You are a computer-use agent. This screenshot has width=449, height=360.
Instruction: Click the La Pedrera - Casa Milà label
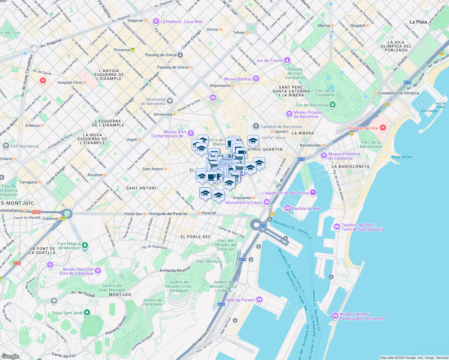click(x=181, y=22)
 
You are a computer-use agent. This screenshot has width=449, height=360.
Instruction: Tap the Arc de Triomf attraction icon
click(x=287, y=61)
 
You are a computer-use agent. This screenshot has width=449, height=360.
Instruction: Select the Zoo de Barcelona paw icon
click(x=332, y=105)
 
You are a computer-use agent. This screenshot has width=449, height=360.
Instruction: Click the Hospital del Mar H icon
click(x=383, y=128)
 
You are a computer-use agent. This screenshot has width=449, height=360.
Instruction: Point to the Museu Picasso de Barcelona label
click(x=308, y=114)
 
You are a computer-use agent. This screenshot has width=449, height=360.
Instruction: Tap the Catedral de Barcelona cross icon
click(x=256, y=126)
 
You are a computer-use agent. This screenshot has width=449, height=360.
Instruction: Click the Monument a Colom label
click(x=244, y=202)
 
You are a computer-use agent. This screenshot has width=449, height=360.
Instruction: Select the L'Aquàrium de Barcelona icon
click(x=313, y=193)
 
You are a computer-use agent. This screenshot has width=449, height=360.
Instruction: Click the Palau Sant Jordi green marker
click(x=87, y=313)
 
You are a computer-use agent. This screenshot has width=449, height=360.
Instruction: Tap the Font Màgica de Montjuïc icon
click(x=85, y=245)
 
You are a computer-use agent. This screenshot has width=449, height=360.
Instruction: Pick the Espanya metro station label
click(x=50, y=218)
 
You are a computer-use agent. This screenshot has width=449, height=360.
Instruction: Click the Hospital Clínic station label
click(x=70, y=82)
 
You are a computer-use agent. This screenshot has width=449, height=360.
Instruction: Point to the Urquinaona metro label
click(x=220, y=85)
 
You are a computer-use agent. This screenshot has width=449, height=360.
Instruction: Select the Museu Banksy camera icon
click(x=256, y=79)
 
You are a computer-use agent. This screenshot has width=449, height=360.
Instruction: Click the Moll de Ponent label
click(x=240, y=300)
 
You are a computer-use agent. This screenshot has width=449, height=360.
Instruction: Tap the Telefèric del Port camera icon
click(x=337, y=227)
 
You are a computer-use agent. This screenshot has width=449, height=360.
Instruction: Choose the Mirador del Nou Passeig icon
click(x=335, y=316)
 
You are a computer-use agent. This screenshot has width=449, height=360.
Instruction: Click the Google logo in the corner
click(x=10, y=356)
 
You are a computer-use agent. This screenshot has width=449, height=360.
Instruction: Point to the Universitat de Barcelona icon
click(x=170, y=101)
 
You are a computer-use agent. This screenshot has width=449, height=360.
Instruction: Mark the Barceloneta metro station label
click(x=310, y=145)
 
